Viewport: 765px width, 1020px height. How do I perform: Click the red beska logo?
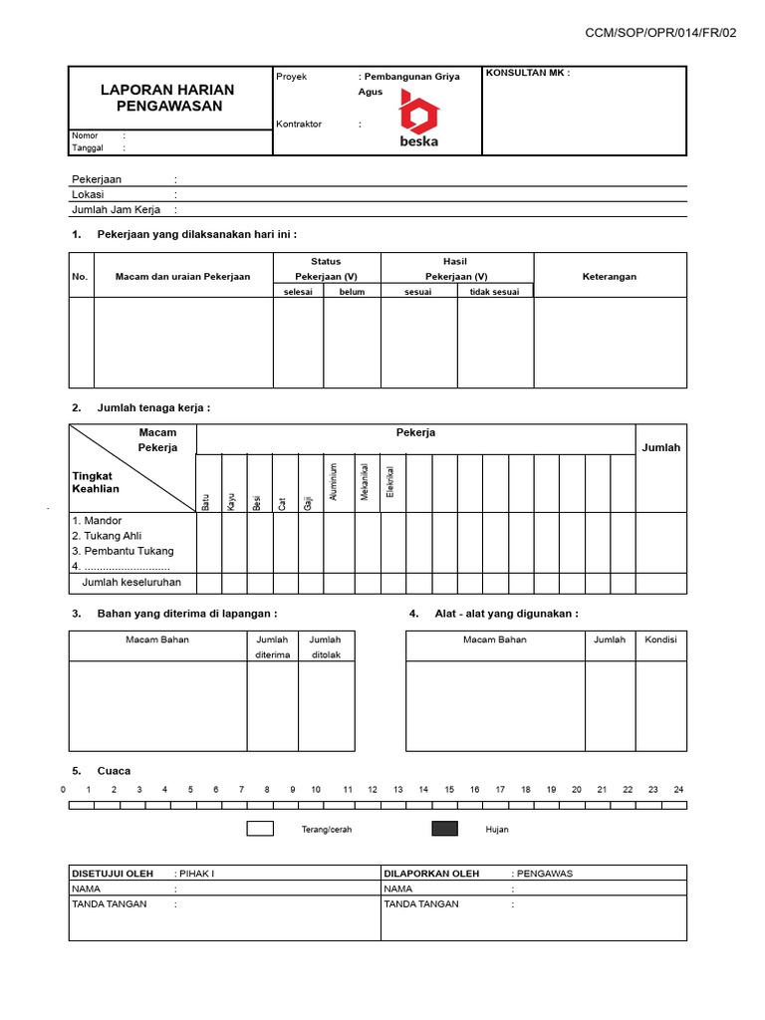(418, 118)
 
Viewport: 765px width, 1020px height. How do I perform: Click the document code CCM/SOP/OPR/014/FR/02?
(660, 33)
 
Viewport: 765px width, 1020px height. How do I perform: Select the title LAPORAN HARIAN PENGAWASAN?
(169, 98)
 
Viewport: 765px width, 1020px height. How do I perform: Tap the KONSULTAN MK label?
(527, 74)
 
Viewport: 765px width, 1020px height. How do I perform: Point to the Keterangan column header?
(610, 277)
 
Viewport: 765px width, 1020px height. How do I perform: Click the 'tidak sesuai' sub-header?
(494, 292)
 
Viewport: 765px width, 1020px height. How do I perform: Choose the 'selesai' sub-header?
(298, 292)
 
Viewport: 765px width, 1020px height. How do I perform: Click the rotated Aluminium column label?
(335, 481)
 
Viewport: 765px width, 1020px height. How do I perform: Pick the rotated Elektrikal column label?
(391, 483)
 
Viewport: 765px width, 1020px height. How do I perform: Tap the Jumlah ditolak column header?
(325, 647)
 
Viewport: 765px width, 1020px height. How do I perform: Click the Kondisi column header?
(660, 639)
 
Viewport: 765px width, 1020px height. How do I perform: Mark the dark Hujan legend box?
(444, 829)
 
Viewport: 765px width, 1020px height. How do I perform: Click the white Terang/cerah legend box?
(260, 829)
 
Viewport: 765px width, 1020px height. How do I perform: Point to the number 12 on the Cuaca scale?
(373, 789)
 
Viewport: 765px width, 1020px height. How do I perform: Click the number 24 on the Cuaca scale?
(678, 789)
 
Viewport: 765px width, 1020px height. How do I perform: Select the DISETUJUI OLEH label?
(112, 874)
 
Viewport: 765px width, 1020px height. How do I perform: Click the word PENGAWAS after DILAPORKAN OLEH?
(544, 874)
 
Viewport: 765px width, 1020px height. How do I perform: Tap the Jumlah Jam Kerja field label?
(116, 210)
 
